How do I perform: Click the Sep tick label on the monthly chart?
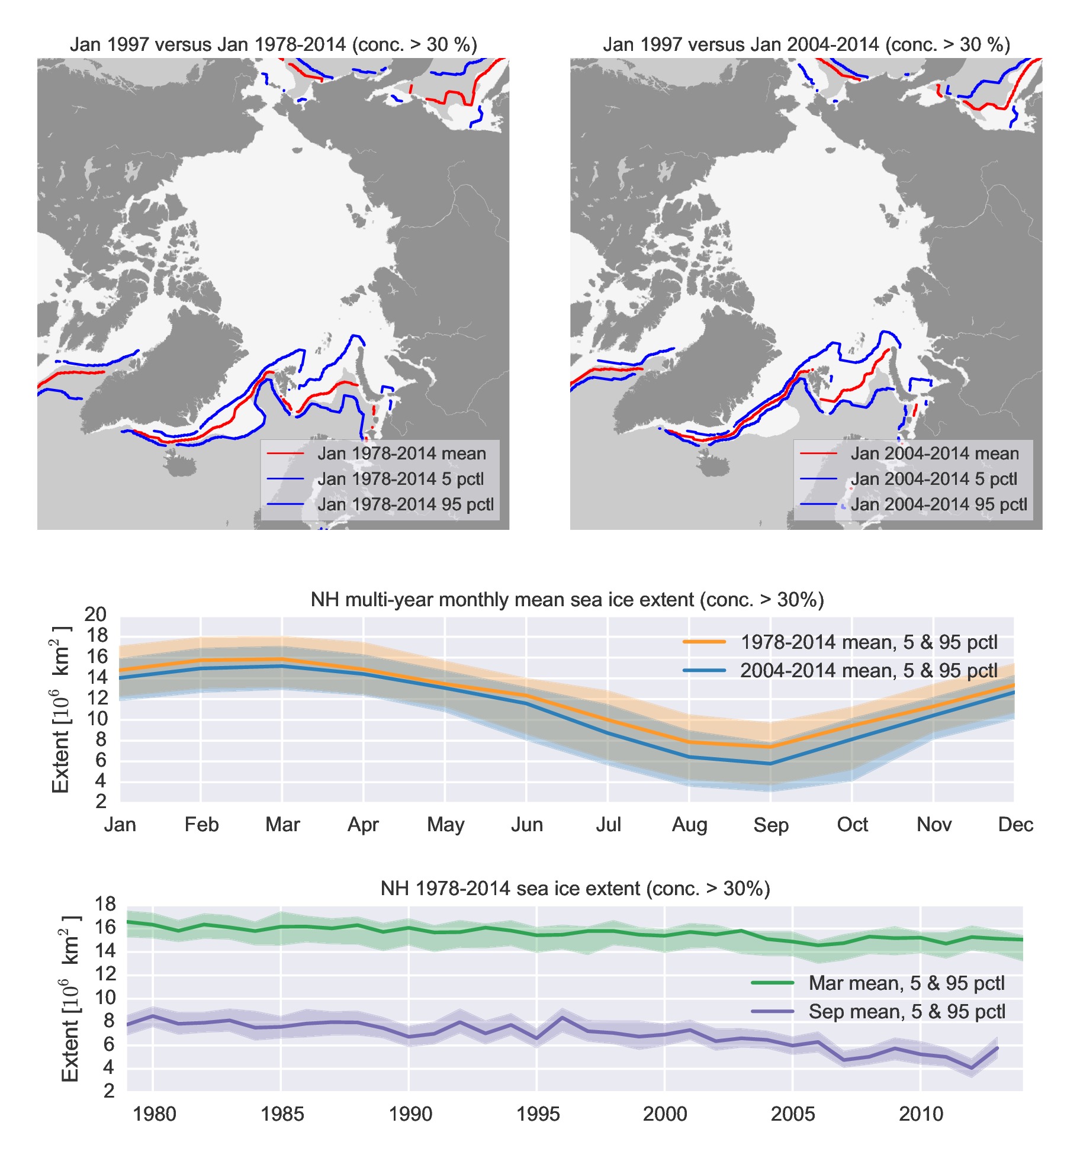click(x=770, y=825)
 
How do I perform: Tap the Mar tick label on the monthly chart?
click(x=282, y=825)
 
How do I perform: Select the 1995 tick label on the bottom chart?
click(x=537, y=1114)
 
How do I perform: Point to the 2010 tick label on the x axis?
click(x=921, y=1114)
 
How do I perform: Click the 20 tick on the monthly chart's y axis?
click(x=95, y=615)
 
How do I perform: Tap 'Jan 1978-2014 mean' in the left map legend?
click(x=401, y=454)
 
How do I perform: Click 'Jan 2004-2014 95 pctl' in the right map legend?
click(x=938, y=504)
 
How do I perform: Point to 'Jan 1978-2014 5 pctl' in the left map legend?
click(x=400, y=479)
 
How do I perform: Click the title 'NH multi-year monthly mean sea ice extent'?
click(x=567, y=600)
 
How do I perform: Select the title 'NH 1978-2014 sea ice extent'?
click(x=575, y=889)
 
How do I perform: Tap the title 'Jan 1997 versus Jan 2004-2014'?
click(x=806, y=44)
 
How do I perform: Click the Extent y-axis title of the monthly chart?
click(x=60, y=709)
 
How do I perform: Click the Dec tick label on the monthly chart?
click(x=1015, y=825)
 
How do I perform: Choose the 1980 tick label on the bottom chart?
click(x=154, y=1114)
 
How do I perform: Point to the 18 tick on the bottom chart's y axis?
click(x=105, y=904)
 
